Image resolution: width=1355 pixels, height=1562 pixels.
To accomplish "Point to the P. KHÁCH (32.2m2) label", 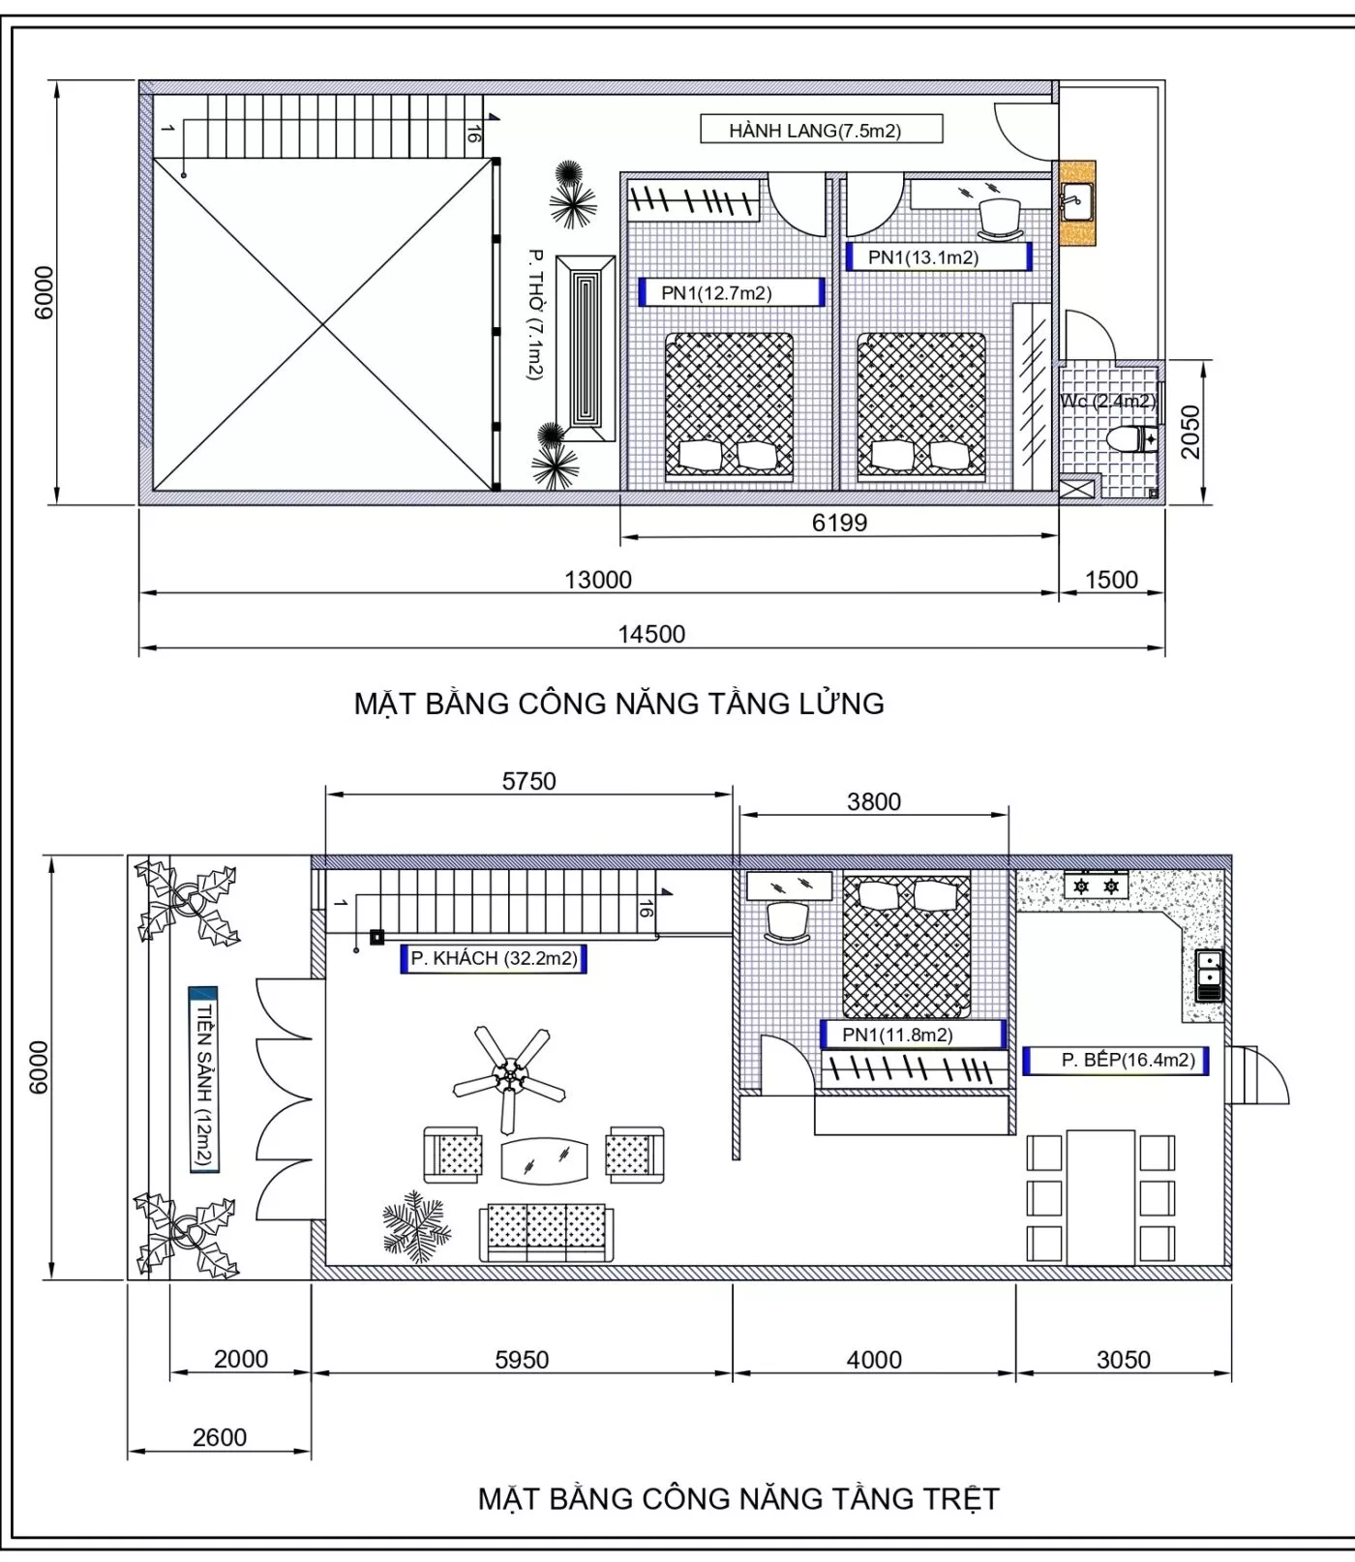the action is click(x=494, y=958).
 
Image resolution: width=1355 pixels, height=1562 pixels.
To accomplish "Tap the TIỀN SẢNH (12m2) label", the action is click(x=204, y=1080).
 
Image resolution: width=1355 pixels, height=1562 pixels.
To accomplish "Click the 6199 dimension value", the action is click(x=839, y=523).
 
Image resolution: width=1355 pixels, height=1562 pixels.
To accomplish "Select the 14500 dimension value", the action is click(x=651, y=634).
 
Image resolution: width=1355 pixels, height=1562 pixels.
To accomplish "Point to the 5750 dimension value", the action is click(x=528, y=781).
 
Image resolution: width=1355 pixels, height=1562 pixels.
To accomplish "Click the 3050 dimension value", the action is click(x=1124, y=1360).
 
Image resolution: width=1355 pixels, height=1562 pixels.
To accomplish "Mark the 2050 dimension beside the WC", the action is click(x=1190, y=432).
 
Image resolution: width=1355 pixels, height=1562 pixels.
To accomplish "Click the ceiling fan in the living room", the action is click(x=509, y=1076).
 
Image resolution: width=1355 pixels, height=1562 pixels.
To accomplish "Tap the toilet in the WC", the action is click(x=1131, y=439).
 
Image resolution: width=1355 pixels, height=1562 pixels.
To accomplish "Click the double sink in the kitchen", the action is click(x=1209, y=976).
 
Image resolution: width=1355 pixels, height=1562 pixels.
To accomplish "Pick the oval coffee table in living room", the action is click(x=545, y=1160).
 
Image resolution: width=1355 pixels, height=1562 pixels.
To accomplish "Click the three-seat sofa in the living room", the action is click(x=547, y=1233).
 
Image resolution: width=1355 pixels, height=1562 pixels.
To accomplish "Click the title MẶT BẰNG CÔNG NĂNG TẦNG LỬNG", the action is click(x=619, y=704).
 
